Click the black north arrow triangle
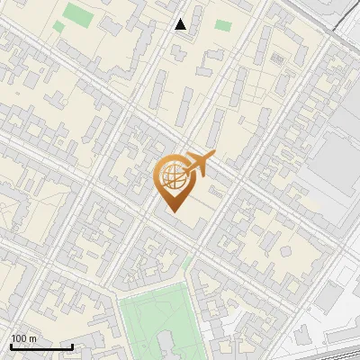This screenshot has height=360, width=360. [181, 24]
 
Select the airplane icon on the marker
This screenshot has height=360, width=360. [200, 165]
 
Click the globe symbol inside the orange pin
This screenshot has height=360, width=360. [173, 175]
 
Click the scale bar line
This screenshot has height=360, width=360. [40, 346]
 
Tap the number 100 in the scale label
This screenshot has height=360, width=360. [19, 339]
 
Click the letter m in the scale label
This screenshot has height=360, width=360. [33, 339]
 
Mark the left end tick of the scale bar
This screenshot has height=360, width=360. [10, 345]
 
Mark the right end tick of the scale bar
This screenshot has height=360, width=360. [72, 345]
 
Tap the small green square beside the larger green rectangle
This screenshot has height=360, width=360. [58, 27]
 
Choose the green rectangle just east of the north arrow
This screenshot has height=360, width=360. [222, 25]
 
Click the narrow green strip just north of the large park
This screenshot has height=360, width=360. [187, 263]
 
